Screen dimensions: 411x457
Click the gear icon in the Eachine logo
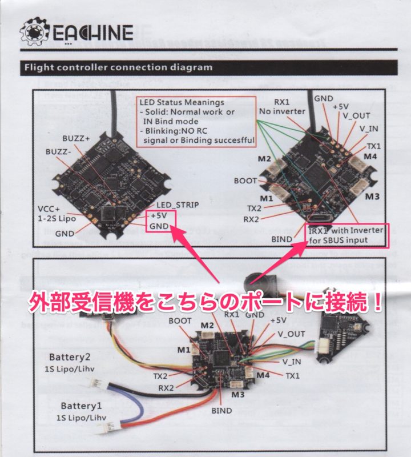point(34,31)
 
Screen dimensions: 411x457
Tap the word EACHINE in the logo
point(93,32)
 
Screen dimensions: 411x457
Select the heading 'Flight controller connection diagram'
point(119,67)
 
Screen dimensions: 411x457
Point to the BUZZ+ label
point(76,138)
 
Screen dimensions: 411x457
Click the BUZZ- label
point(58,152)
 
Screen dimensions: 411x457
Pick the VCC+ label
point(49,209)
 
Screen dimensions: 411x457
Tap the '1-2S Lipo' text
point(57,219)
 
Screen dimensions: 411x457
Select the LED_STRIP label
point(178,205)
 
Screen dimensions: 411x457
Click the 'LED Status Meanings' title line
point(182,102)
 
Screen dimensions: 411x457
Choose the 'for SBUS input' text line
point(338,240)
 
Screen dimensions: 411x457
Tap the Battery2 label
point(70,357)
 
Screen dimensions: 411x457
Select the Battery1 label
point(81,406)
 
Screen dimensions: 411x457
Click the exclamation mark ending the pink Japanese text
point(377,302)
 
